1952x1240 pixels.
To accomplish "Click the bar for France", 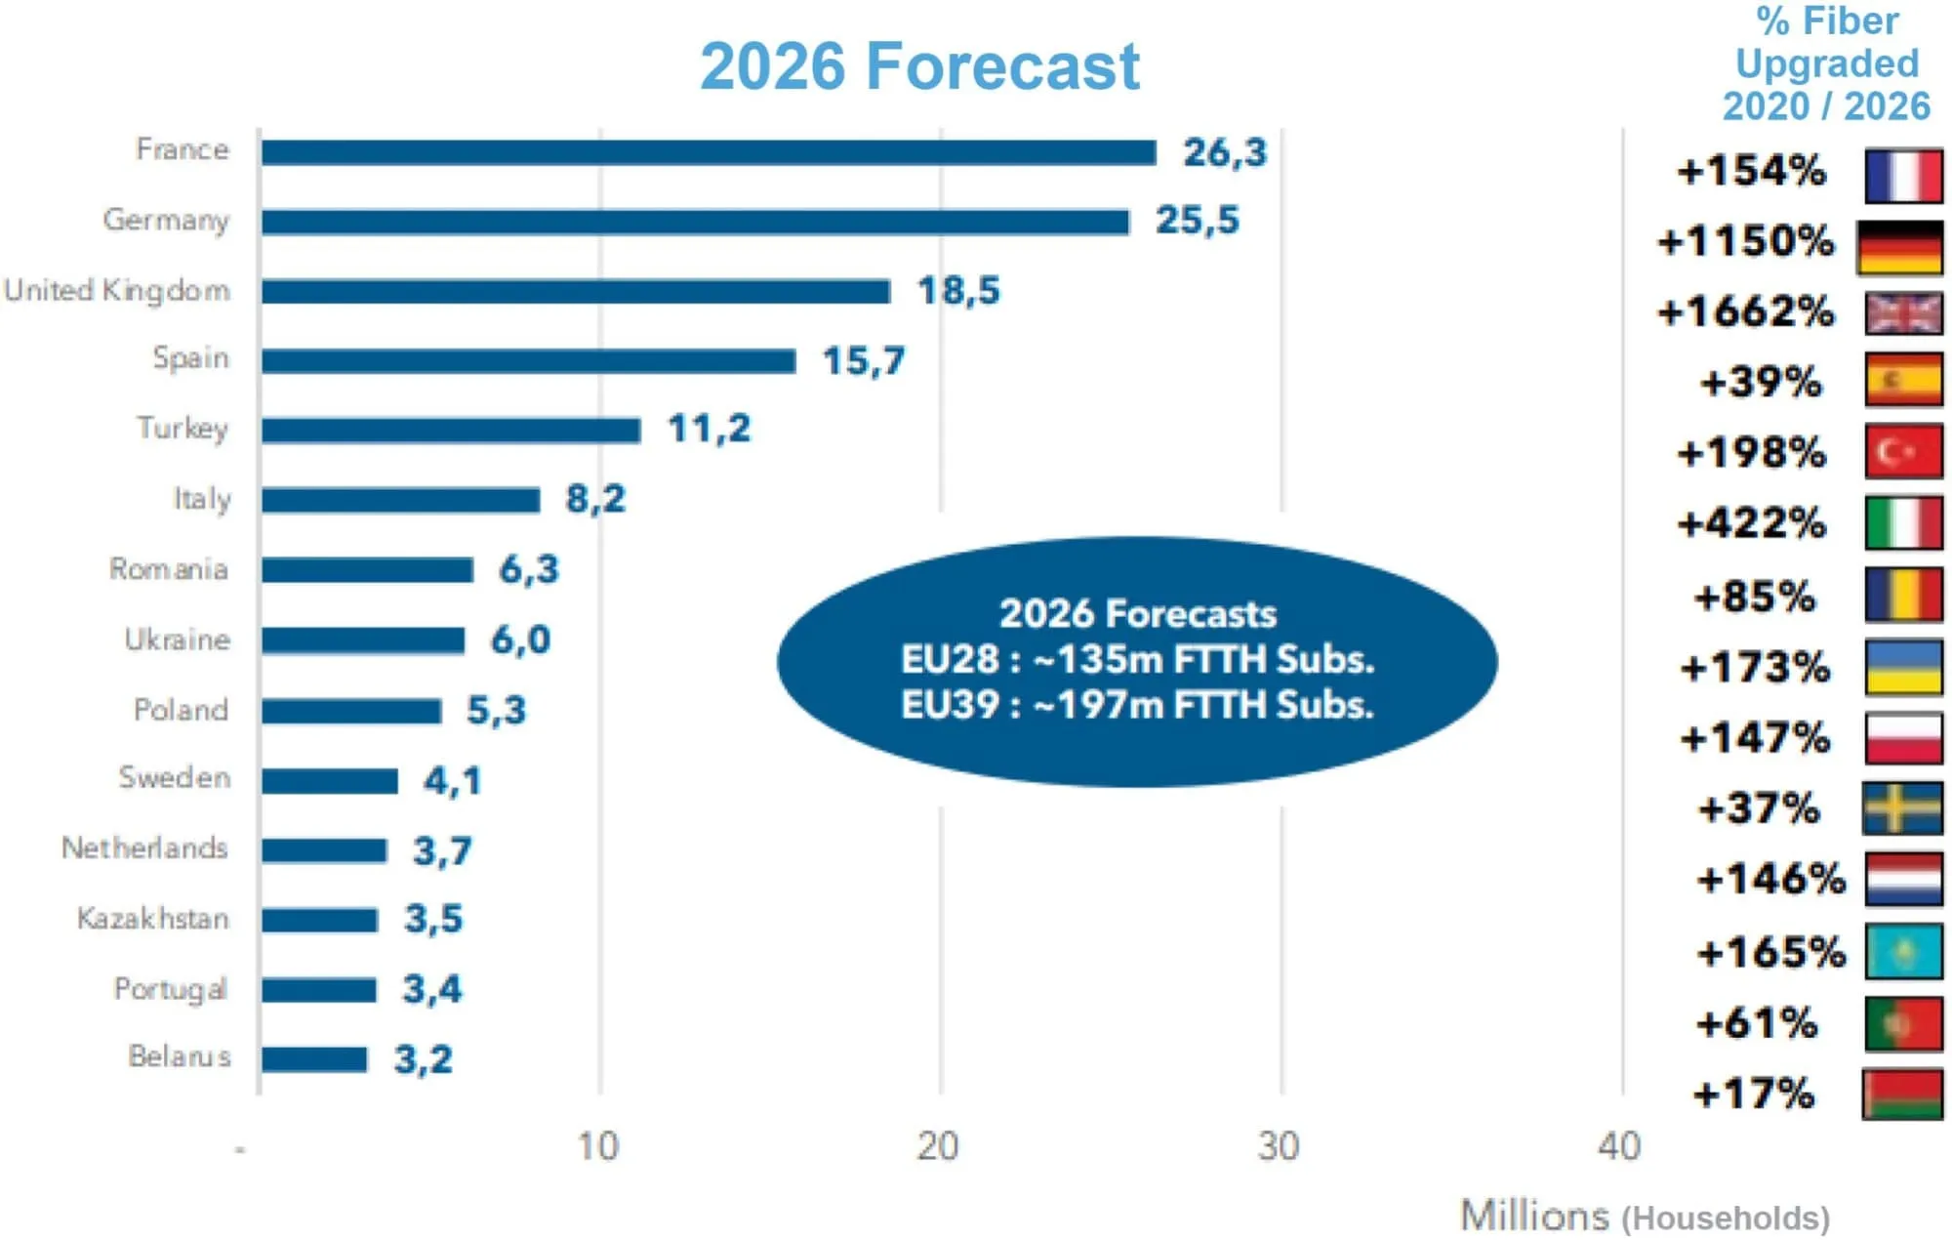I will pos(709,152).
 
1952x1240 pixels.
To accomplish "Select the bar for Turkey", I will pos(451,430).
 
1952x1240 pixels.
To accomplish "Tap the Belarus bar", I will pos(314,1059).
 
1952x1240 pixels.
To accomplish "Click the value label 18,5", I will pos(958,291).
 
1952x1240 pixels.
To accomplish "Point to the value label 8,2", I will pos(595,499).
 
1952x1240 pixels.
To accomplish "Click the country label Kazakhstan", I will pos(153,919).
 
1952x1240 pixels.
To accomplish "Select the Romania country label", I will pos(169,568).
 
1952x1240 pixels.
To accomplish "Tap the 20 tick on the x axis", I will pos(938,1146).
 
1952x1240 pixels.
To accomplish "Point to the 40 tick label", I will pos(1619,1146).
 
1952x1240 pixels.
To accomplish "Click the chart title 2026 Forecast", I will pos(919,66).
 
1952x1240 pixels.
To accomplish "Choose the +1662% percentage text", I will pos(1746,311).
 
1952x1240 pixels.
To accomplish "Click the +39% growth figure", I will pos(1760,382).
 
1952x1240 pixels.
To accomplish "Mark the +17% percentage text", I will pos(1753,1094).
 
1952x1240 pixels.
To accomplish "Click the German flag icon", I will pos(1900,247).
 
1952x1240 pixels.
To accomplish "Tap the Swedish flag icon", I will pos(1902,808).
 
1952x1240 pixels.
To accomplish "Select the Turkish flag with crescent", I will pos(1902,451).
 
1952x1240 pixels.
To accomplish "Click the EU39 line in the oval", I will pos(1137,704).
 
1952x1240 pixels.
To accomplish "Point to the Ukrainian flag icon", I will pos(1902,667).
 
